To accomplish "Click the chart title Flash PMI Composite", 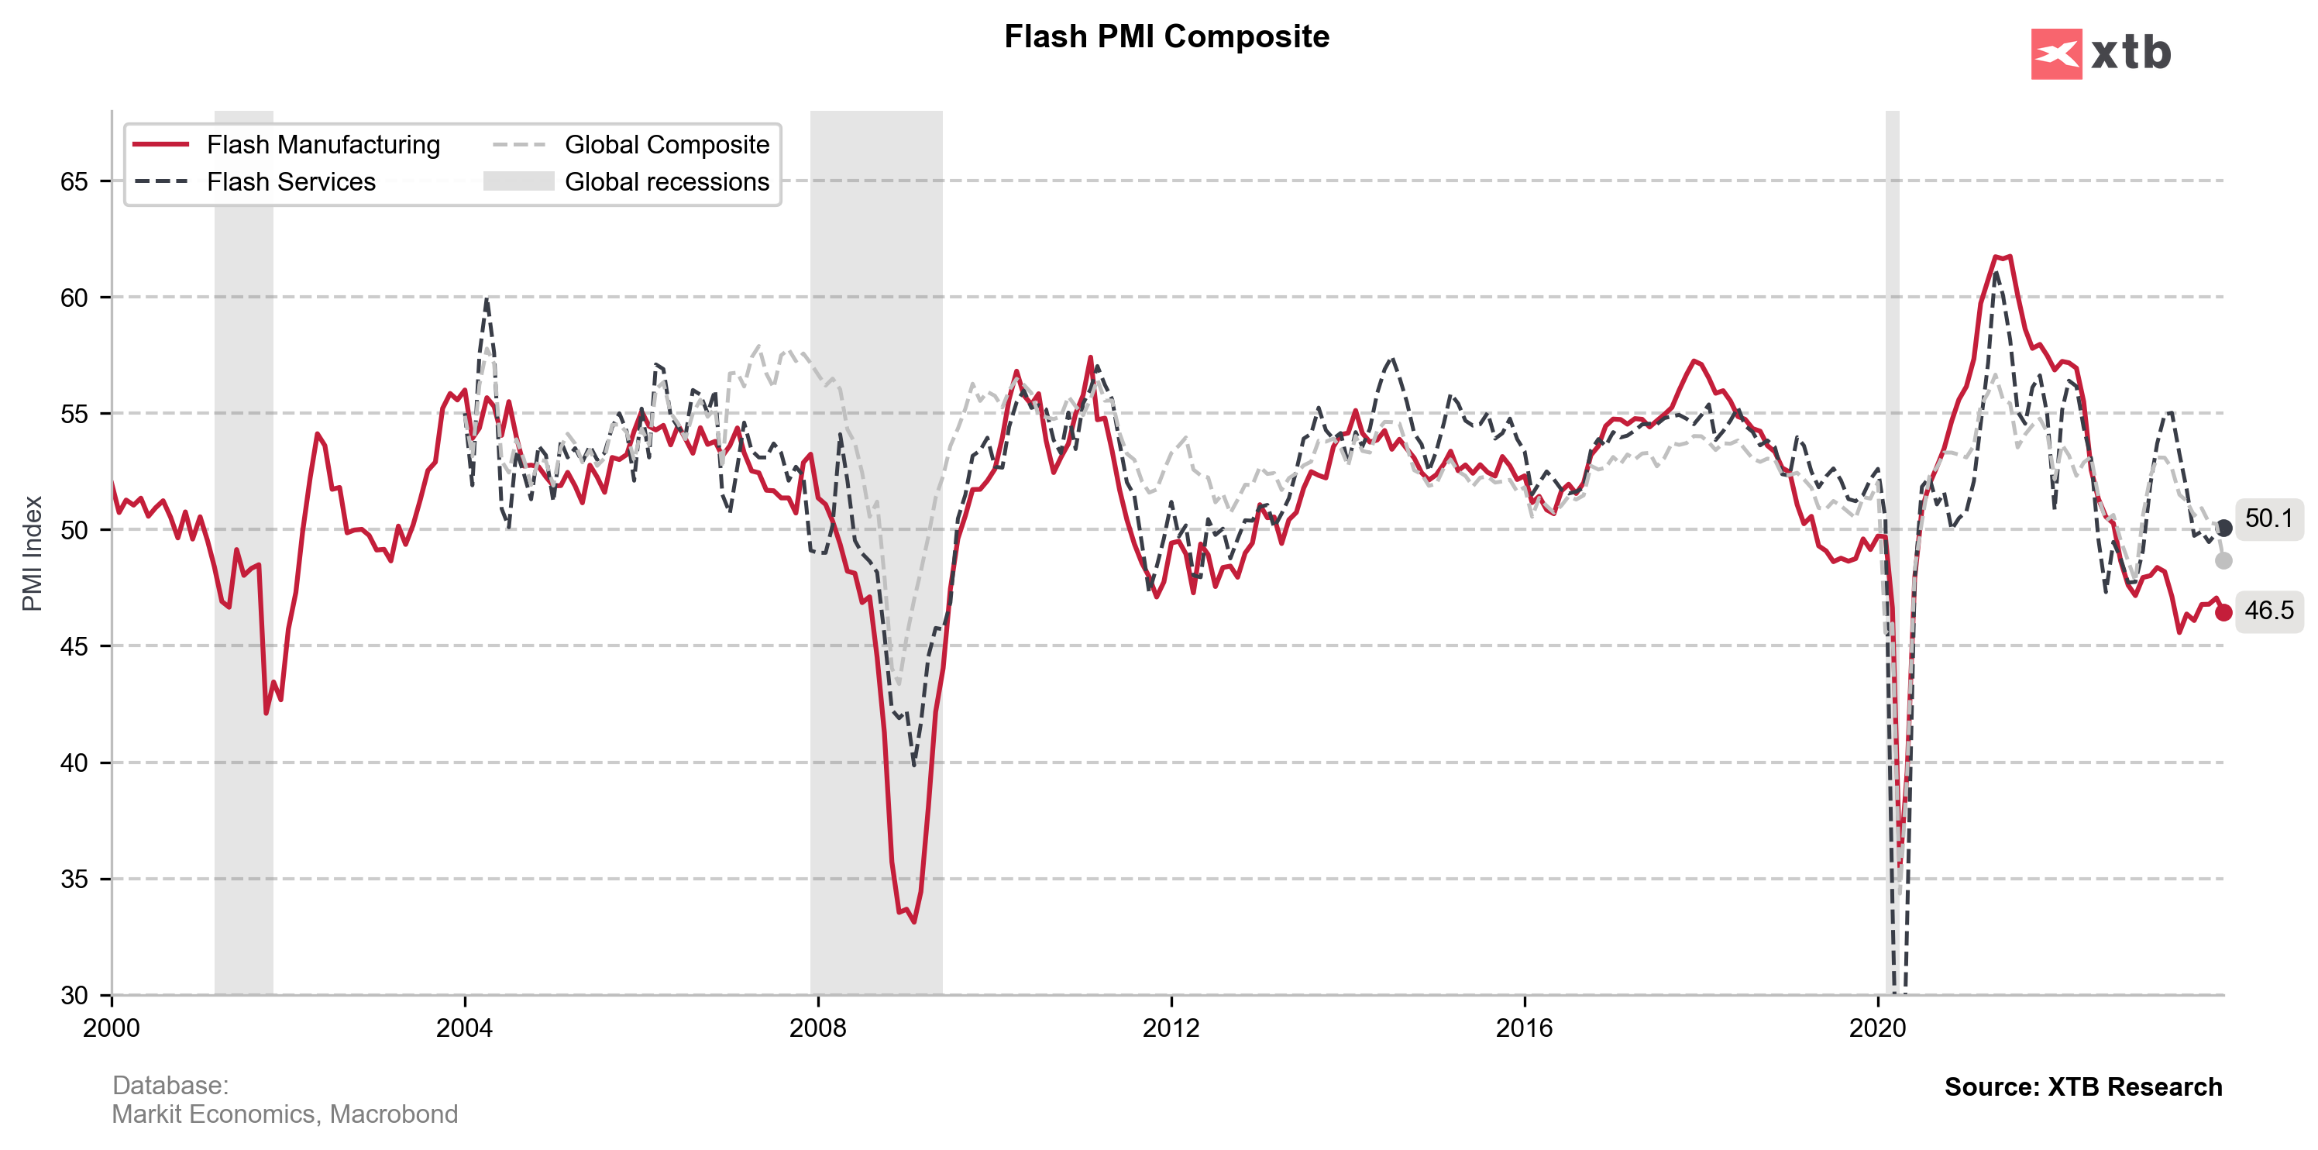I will [1166, 37].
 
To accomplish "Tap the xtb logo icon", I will [2055, 54].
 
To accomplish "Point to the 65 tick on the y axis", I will [74, 182].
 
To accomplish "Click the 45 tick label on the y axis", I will [74, 647].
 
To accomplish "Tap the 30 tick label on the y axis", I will [74, 995].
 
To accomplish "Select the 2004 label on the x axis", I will [464, 1028].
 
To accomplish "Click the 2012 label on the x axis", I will [1171, 1028].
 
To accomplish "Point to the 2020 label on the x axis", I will [1877, 1028].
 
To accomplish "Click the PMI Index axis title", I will [33, 553].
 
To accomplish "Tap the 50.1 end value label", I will [2268, 518].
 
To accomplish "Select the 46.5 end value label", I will [2268, 611].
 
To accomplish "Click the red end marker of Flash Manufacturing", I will [2223, 613].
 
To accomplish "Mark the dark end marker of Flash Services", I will [2223, 529].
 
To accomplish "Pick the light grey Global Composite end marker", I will [2223, 560].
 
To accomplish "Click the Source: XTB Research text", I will [2082, 1087].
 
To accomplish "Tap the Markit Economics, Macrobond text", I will [284, 1115].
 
